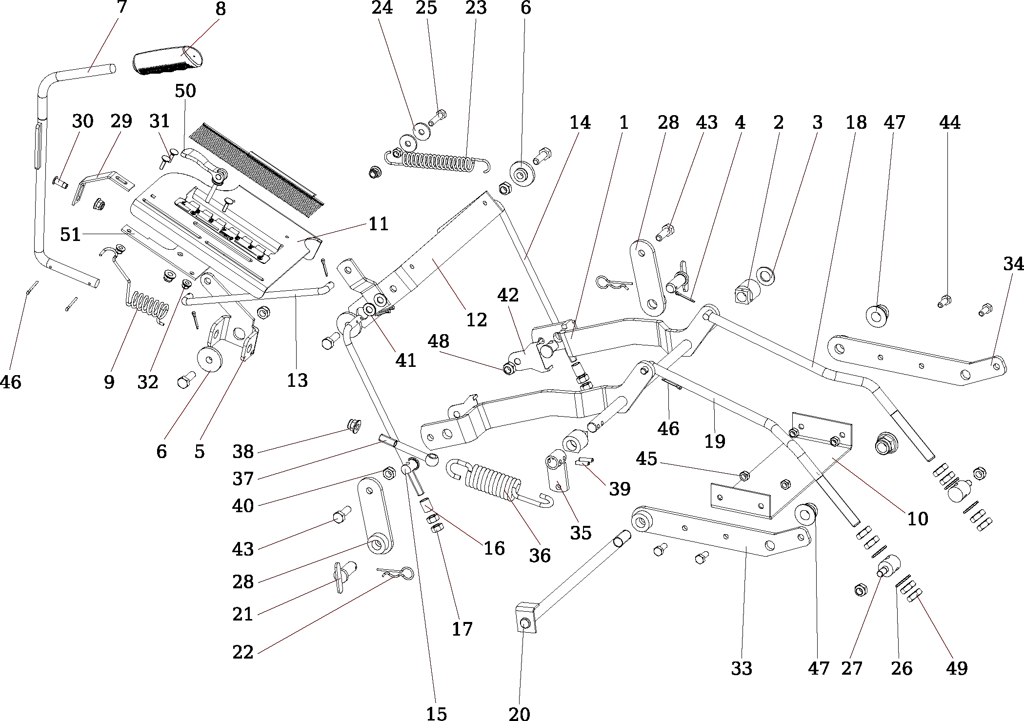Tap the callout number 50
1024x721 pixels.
(x=185, y=91)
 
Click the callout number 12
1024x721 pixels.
(x=477, y=320)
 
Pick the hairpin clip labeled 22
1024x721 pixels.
(x=396, y=573)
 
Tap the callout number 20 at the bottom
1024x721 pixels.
(x=519, y=714)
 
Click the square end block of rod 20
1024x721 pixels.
(x=526, y=617)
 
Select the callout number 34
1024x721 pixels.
(x=1013, y=264)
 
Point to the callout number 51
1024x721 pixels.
(x=70, y=235)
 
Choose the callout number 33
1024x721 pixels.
(x=742, y=668)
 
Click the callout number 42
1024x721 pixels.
(x=508, y=295)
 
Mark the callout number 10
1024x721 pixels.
(x=917, y=519)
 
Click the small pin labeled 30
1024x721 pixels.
(x=60, y=182)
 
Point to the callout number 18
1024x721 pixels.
(x=856, y=122)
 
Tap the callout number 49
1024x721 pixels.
(x=957, y=668)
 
